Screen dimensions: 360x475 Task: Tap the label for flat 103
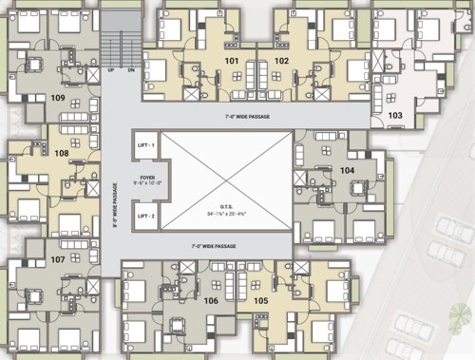coord(396,115)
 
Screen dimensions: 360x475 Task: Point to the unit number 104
coord(347,170)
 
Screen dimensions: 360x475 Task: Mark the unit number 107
coord(57,259)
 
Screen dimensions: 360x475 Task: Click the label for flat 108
coord(62,152)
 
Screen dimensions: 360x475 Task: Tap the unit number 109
coord(58,98)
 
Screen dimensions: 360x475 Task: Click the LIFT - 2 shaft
coord(146,217)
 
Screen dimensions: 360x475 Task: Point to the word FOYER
coord(146,176)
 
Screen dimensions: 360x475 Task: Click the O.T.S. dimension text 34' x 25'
coord(225,213)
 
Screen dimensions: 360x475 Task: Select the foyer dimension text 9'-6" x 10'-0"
coord(146,183)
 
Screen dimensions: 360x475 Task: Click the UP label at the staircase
coord(111,70)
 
